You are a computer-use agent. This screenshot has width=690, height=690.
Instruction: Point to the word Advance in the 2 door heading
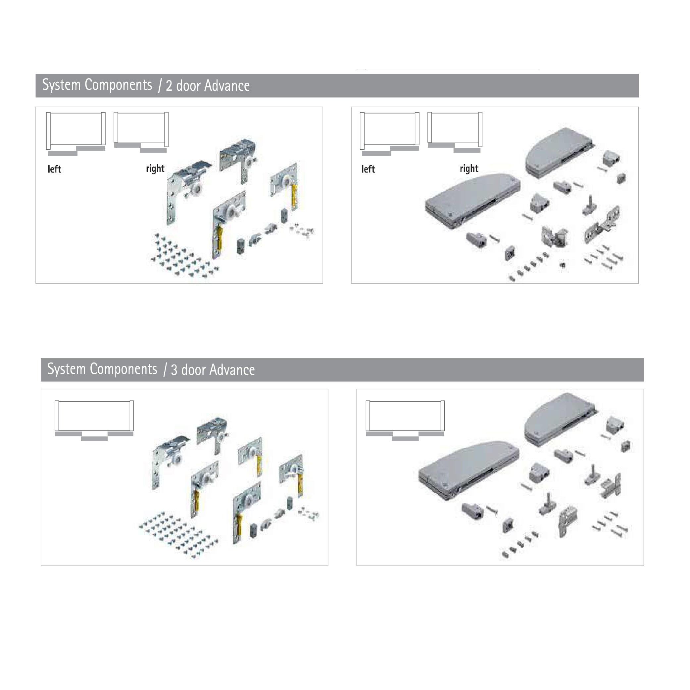pos(227,86)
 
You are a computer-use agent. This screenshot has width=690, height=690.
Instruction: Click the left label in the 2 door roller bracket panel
pos(54,169)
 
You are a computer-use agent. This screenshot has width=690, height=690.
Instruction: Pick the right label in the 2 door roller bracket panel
pos(155,169)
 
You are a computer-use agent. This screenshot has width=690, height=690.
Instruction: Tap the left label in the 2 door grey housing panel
pos(368,169)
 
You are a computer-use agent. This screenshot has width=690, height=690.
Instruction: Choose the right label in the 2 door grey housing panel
pos(469,169)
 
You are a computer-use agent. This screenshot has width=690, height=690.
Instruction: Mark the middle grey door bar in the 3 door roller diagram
pos(94,439)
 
